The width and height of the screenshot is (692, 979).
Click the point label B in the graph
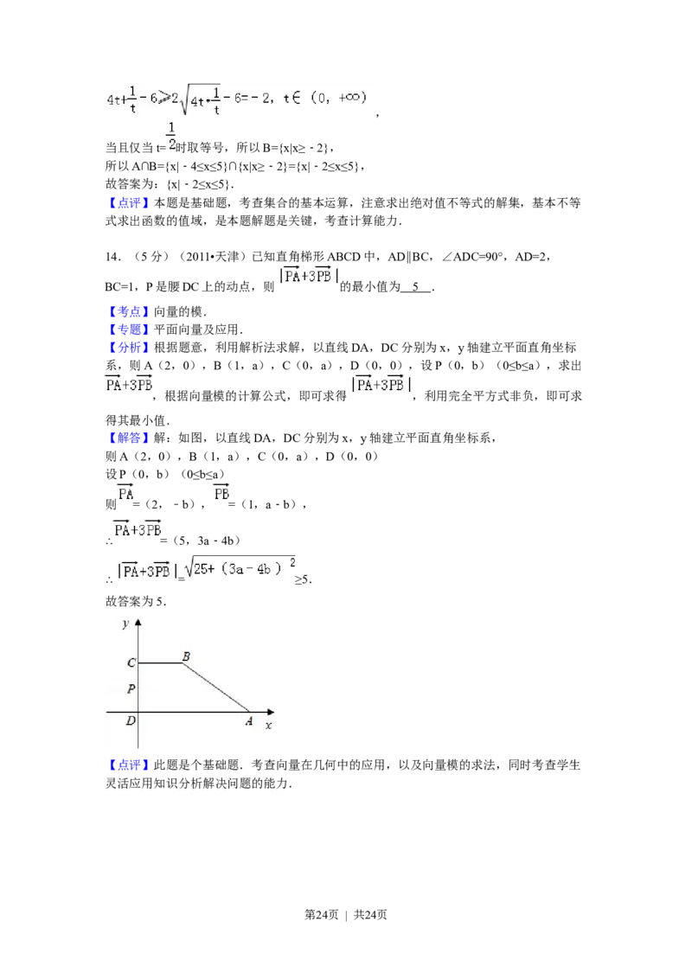186,656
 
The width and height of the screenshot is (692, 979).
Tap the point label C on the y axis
131,663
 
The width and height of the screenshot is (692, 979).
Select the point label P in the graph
131,689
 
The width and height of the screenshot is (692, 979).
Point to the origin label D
131,720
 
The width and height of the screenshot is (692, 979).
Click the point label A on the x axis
249,720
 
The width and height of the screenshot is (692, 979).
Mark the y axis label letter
126,623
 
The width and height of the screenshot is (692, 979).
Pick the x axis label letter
268,725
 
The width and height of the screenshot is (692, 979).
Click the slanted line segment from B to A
216,688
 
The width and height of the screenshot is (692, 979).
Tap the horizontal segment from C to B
160,663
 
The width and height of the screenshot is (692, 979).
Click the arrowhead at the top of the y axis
138,622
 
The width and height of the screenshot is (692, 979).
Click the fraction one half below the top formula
171,136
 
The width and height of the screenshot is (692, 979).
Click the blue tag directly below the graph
128,765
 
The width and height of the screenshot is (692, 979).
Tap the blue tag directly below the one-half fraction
128,205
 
